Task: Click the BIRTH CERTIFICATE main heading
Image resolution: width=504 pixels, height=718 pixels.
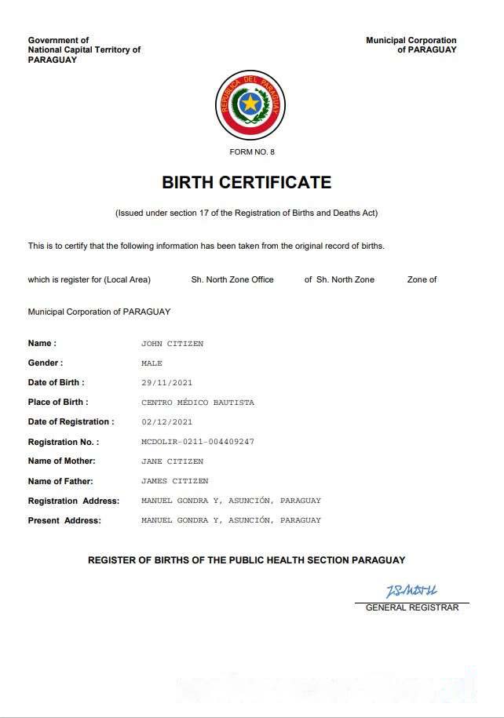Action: (x=247, y=183)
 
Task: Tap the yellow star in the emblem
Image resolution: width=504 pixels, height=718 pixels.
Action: (x=250, y=102)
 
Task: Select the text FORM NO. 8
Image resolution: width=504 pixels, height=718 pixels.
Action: (x=252, y=151)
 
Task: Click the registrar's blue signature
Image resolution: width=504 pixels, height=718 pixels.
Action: (x=411, y=591)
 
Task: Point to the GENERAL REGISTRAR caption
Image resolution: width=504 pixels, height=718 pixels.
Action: (x=412, y=607)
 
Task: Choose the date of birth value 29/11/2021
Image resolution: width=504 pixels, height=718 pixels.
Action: (x=166, y=383)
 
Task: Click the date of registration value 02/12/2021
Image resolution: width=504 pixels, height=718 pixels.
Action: (x=166, y=422)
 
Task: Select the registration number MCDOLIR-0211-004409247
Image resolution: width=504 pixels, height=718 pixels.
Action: (x=197, y=442)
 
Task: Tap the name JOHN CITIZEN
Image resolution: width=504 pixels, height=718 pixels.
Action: (x=172, y=344)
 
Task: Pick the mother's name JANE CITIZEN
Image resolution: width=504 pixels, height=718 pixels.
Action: (x=172, y=461)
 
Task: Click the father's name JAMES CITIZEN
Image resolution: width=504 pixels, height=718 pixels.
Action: (x=174, y=481)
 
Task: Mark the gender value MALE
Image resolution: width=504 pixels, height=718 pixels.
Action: (x=152, y=363)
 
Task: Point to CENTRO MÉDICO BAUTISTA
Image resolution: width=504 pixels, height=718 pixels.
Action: (x=197, y=403)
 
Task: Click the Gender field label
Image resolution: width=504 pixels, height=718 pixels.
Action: (x=46, y=363)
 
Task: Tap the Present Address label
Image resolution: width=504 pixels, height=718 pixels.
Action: (x=64, y=520)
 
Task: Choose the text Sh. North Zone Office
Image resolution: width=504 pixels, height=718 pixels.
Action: (x=232, y=279)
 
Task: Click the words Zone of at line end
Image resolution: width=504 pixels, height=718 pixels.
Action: (x=422, y=279)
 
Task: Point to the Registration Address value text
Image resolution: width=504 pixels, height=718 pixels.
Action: (x=231, y=501)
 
